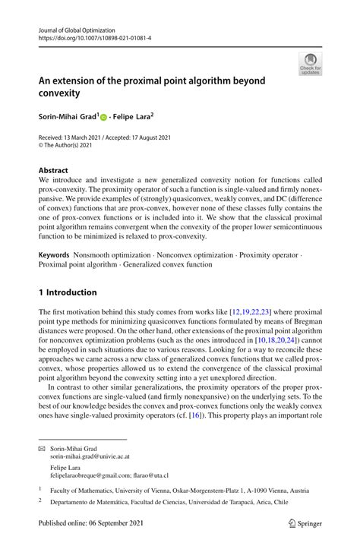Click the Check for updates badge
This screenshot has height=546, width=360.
[310, 64]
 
